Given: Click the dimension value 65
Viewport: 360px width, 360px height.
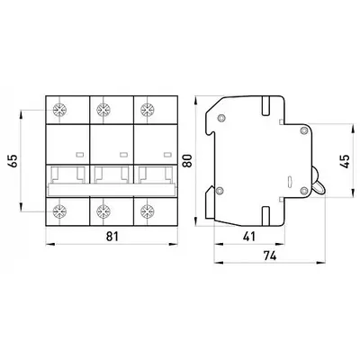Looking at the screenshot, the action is click(x=14, y=161).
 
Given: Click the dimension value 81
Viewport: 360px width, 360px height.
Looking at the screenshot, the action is click(x=112, y=237).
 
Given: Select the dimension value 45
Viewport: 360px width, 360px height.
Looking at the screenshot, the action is click(x=346, y=161).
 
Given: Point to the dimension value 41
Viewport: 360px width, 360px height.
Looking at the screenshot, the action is click(x=249, y=237).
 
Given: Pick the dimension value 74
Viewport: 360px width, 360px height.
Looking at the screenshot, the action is click(x=270, y=256).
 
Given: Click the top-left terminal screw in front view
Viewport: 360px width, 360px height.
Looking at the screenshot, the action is click(x=58, y=110).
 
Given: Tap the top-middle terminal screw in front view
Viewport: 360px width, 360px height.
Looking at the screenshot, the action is click(x=103, y=110).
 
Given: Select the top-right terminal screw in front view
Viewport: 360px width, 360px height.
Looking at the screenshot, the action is click(x=147, y=110).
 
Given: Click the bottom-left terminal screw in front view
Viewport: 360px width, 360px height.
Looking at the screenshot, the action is click(x=58, y=211).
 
